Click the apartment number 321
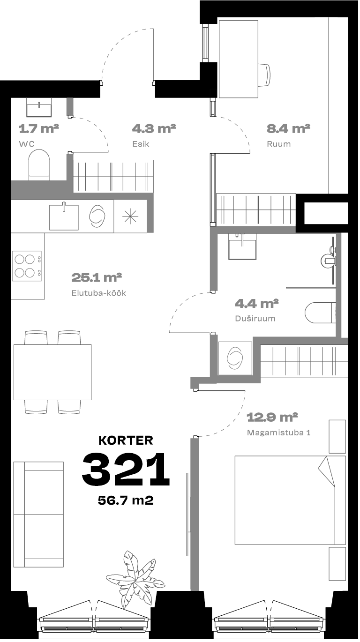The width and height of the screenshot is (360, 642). point(126,469)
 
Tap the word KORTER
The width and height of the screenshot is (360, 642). point(126,440)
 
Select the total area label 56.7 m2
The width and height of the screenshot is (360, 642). point(126,500)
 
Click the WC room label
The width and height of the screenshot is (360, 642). point(27,144)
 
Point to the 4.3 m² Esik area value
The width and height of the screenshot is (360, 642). point(154,129)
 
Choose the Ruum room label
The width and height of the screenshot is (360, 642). point(278,144)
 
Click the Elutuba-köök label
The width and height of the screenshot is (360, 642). point(99,293)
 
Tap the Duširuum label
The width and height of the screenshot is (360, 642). point(255,318)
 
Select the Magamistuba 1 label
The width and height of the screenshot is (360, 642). point(278,433)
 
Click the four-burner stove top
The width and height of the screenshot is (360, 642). point(27,266)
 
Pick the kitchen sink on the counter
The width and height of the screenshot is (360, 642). point(64,217)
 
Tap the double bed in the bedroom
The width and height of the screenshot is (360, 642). point(290,500)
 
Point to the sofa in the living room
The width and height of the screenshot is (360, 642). point(38,515)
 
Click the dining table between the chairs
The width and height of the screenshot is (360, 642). point(52,372)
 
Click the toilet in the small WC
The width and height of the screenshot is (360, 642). point(39,165)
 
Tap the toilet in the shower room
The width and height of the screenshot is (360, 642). point(320,313)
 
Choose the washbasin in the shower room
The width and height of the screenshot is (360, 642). point(242,247)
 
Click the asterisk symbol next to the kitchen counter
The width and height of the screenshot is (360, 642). point(130,216)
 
